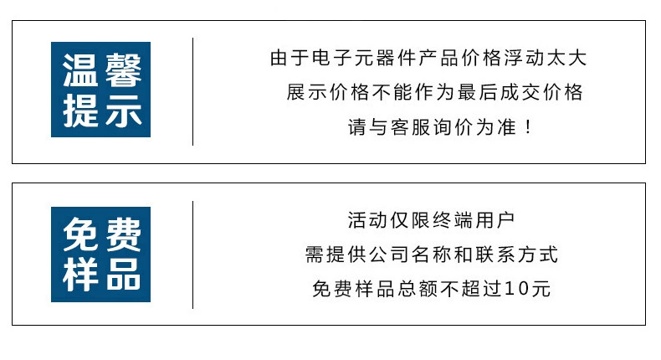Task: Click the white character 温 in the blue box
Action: click(x=80, y=70)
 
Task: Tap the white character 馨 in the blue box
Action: click(x=123, y=70)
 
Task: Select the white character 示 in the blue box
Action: click(x=123, y=111)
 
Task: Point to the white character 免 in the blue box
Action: click(x=80, y=234)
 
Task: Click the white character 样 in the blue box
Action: click(x=80, y=275)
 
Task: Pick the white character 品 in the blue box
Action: click(x=123, y=275)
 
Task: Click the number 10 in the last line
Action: click(x=517, y=289)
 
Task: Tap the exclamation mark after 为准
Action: click(x=528, y=127)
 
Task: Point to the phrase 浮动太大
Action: click(x=546, y=58)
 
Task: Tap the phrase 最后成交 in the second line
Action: click(x=500, y=92)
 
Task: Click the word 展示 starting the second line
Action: click(x=307, y=92)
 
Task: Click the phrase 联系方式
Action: click(x=517, y=255)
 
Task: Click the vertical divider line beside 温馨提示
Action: click(x=193, y=91)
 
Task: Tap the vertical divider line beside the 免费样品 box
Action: click(x=193, y=255)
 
